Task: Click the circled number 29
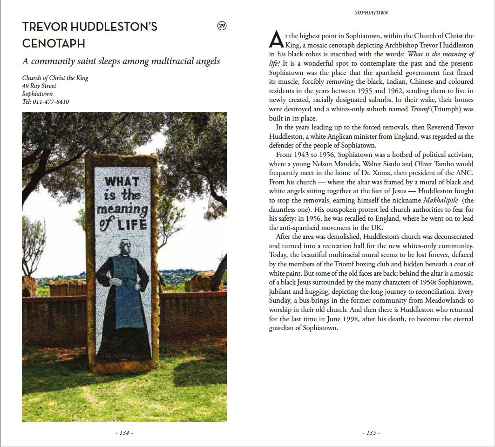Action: (222, 26)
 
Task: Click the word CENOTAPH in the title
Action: (54, 44)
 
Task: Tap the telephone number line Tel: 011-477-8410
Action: (46, 102)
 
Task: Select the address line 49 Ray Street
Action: (39, 86)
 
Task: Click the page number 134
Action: (124, 433)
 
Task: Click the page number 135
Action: (371, 433)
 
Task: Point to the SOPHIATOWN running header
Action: (371, 13)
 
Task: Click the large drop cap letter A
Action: (276, 40)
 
